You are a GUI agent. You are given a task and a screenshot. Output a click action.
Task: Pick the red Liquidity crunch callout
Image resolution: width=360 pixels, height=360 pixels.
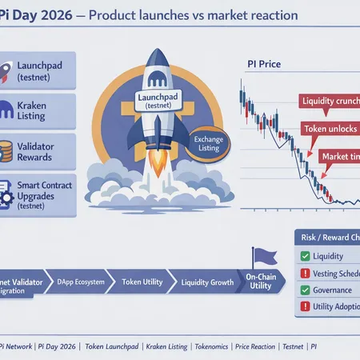pos(328,101)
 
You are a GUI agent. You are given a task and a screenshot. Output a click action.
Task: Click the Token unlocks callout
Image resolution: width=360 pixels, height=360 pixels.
pos(328,129)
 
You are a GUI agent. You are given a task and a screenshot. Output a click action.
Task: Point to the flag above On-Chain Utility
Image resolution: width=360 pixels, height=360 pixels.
pos(262,256)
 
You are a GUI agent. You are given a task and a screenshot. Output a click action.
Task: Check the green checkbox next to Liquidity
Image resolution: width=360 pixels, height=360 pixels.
pos(304,257)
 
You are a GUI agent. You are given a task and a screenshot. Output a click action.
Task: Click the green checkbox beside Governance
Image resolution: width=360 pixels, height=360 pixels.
pos(304,290)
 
